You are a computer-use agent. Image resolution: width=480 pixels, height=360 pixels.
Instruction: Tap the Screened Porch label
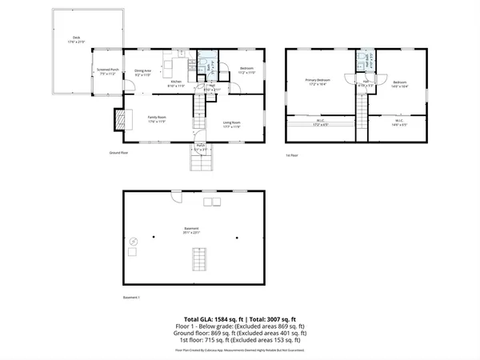point(108,70)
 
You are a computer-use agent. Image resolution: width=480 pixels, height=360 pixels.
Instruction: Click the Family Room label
point(157,119)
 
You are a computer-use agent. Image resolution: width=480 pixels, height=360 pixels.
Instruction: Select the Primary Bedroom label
point(318,81)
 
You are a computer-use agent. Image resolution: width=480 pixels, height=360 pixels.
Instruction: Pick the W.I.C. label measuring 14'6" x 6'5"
point(399,122)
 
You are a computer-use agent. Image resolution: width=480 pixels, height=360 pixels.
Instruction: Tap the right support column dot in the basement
point(237,238)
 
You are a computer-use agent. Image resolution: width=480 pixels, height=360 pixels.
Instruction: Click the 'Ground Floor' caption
point(120,152)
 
